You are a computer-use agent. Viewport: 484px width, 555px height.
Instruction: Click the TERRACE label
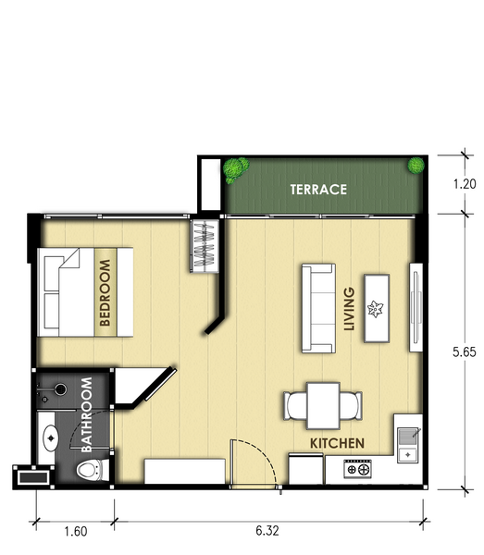pos(318,190)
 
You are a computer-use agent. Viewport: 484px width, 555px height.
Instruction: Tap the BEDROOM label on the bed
pos(105,292)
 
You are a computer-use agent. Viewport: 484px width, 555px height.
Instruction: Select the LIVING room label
pos(349,309)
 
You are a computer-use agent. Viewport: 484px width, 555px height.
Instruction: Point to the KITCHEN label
pos(337,443)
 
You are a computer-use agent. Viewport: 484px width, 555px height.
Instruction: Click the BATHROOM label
pos(87,414)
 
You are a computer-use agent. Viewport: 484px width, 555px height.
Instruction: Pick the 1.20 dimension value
pos(465,184)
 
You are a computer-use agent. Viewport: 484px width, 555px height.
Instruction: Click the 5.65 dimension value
pos(465,351)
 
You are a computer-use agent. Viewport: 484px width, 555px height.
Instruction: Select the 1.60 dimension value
pos(75,531)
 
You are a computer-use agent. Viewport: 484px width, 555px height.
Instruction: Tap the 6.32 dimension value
pos(267,531)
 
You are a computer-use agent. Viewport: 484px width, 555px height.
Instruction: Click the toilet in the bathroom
pos(93,470)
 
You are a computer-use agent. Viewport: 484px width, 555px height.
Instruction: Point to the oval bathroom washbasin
pos(51,438)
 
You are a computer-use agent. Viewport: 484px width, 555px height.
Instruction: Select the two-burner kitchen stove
pos(357,469)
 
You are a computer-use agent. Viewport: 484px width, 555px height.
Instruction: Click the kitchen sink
pos(408,445)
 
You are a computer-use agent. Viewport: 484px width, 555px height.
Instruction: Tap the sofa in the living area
pos(318,308)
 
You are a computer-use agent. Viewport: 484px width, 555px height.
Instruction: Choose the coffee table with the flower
pos(377,308)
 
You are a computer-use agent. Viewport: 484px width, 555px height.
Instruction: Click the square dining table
pos(323,406)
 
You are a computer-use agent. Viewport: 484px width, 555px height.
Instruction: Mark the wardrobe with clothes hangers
pos(205,246)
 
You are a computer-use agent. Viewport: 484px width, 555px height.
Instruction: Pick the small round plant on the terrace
pos(416,166)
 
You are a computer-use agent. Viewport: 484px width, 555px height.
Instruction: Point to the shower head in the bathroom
pos(60,389)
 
